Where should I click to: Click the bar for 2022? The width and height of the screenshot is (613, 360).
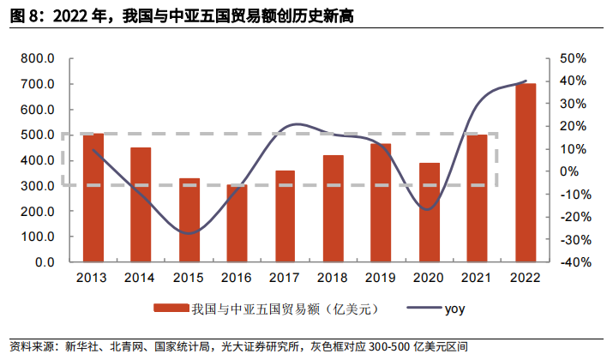[526, 172]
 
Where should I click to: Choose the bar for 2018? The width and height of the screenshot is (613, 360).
[334, 208]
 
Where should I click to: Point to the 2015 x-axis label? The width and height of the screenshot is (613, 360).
[189, 278]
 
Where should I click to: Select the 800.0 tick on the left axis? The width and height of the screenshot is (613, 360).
[39, 58]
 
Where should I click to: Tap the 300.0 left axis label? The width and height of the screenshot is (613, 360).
[39, 185]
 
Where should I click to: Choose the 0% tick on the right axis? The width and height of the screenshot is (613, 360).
[578, 171]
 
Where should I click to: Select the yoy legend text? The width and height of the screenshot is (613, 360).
[455, 307]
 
